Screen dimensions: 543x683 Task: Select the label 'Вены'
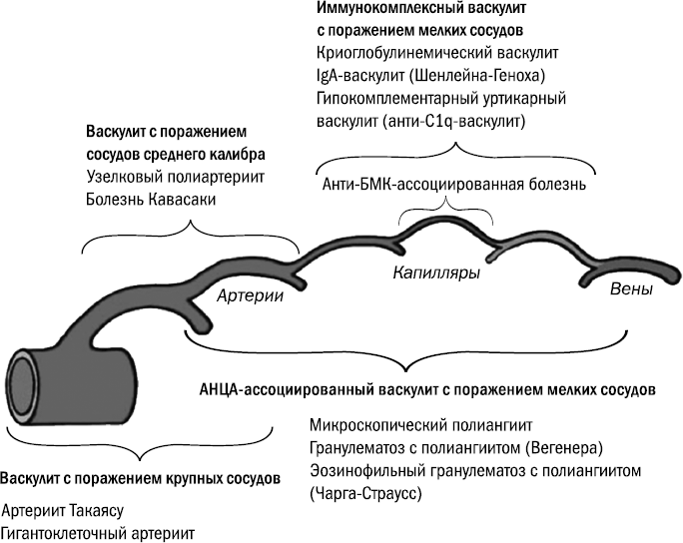(x=631, y=290)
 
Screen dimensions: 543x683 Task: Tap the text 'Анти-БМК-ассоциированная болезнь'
(x=454, y=186)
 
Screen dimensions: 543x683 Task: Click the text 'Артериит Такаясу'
(x=61, y=510)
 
